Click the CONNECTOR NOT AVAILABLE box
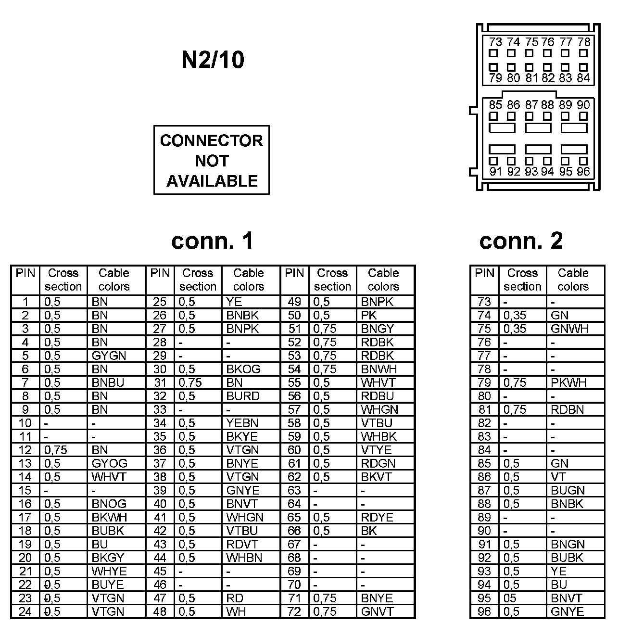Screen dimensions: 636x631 click(x=212, y=160)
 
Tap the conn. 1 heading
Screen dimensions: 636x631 click(x=212, y=241)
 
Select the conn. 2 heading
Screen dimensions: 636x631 click(x=521, y=241)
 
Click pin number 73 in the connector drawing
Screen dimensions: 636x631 click(x=495, y=42)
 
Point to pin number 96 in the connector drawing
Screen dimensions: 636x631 click(x=583, y=172)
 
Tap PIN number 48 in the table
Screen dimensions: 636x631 click(x=160, y=612)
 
